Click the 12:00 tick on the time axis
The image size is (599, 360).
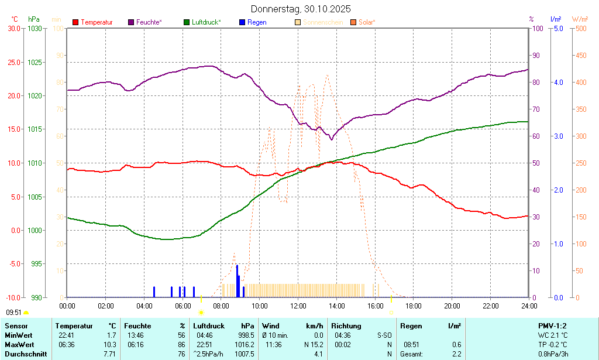[x=298, y=306]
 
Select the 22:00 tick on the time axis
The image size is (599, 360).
[x=491, y=306]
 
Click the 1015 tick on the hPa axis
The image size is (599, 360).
[x=35, y=129]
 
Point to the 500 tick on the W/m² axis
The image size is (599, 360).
[x=581, y=28]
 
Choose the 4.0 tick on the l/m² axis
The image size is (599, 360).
[x=558, y=83]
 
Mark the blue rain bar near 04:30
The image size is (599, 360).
[x=154, y=292]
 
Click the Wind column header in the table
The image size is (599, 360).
[x=271, y=326]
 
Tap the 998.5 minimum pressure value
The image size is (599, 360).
[x=246, y=335]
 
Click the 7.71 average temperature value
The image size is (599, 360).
[x=109, y=354]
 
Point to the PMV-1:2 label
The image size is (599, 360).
[x=552, y=326]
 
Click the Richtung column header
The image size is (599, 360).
[x=346, y=326]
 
